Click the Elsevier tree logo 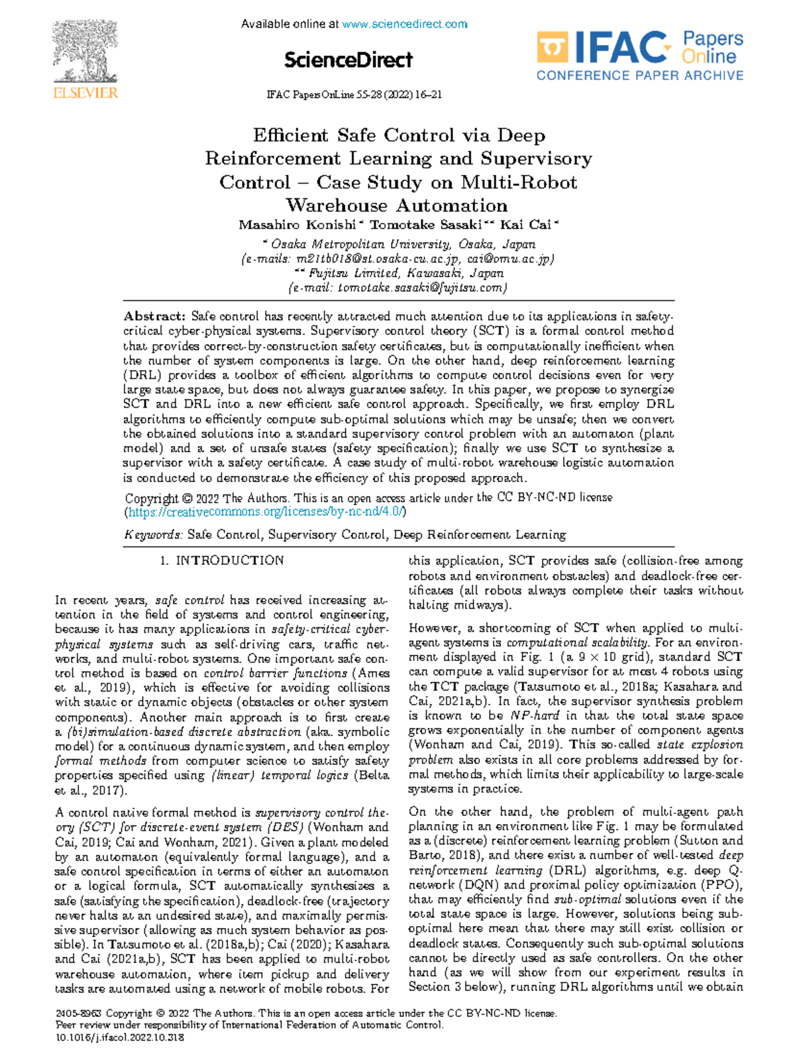click(85, 53)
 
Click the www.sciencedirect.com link click(405, 25)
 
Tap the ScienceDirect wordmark click(348, 60)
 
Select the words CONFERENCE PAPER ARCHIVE click(639, 76)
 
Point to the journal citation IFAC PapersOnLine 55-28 click(354, 95)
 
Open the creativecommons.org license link click(266, 512)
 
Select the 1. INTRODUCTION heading click(222, 561)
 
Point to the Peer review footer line click(249, 1026)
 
